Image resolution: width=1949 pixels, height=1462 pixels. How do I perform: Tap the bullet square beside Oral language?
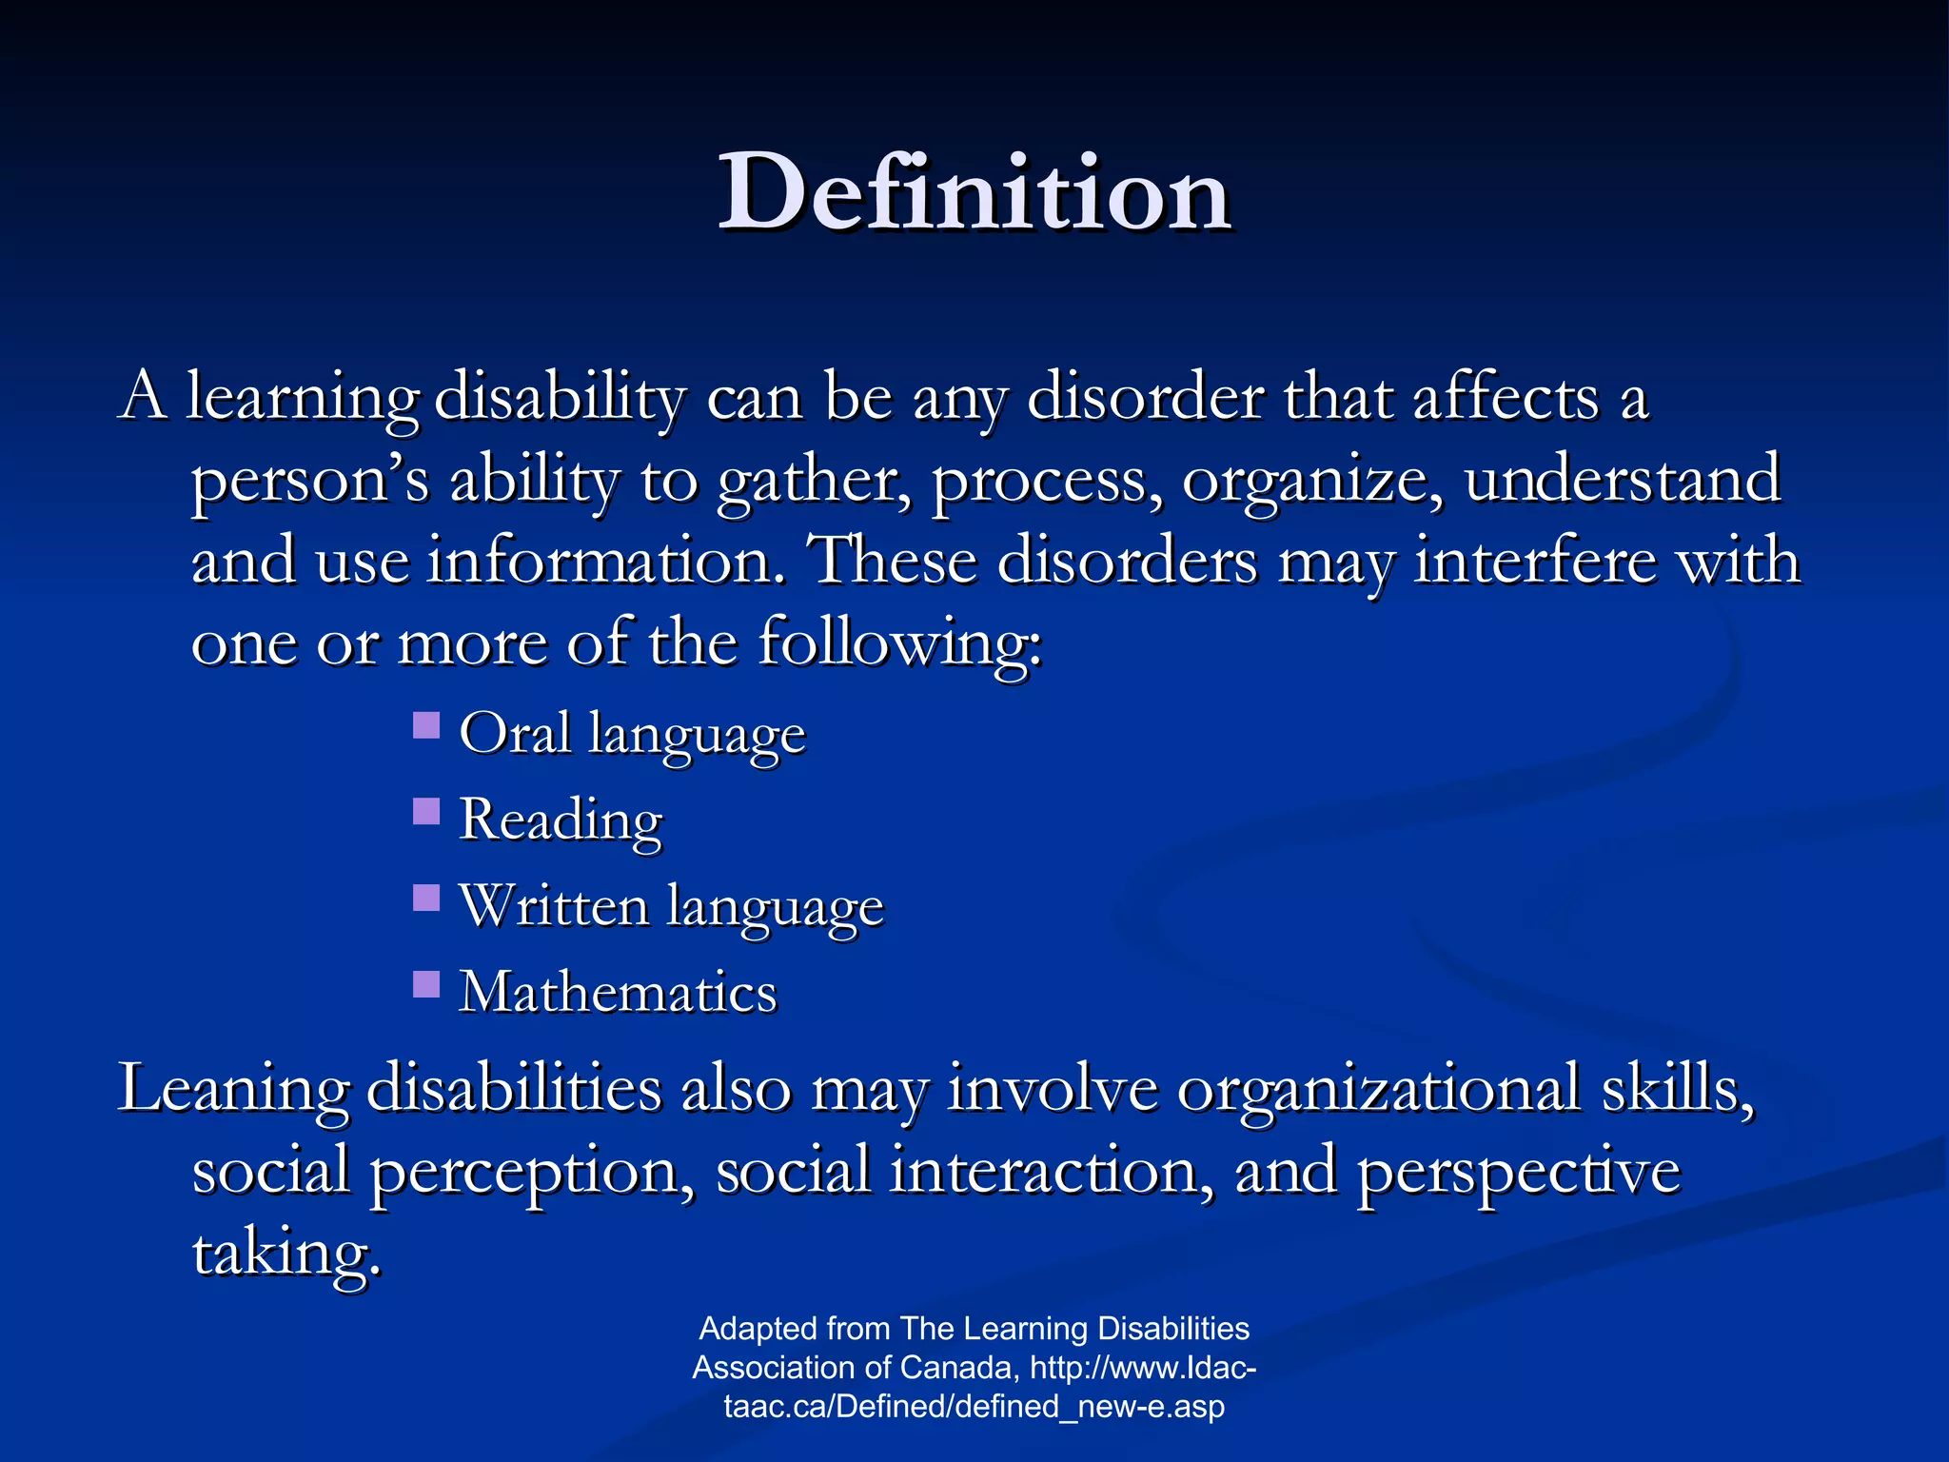coord(426,726)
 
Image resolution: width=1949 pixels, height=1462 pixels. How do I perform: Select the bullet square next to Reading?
coord(426,812)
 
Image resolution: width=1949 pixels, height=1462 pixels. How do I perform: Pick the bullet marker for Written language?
coord(426,898)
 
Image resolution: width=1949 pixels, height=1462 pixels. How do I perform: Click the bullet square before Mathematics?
coord(426,983)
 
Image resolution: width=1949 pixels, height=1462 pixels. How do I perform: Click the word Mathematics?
coord(618,992)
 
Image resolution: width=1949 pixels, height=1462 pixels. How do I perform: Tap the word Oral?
coord(515,733)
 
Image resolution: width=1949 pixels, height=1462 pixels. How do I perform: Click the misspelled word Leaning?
coord(233,1088)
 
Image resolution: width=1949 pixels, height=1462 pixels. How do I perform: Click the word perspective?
coord(1519,1171)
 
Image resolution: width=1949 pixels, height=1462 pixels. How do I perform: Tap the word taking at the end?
coord(285,1254)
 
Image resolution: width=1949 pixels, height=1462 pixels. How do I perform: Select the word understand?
coord(1622,479)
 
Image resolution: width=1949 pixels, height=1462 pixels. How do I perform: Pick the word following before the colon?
coord(898,643)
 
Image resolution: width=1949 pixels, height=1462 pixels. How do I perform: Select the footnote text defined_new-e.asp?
coord(1090,1407)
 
